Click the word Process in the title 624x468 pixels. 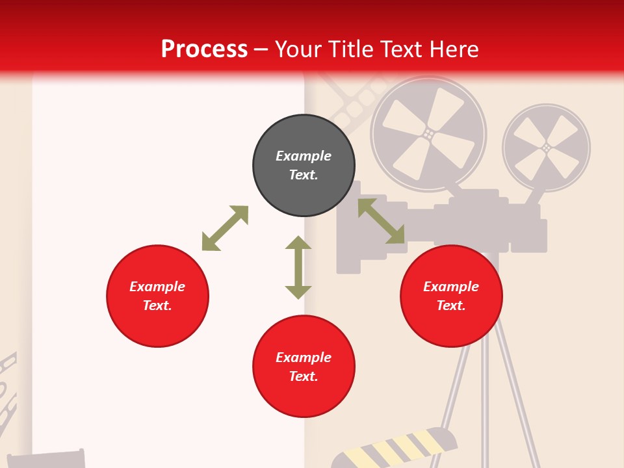204,49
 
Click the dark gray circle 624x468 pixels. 304,165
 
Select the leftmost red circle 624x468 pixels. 157,296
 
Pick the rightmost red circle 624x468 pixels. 451,296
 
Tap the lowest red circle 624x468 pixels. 304,366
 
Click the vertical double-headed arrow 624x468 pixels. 298,267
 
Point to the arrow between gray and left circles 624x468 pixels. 225,228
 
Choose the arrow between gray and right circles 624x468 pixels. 381,221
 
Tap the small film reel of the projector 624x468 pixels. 546,148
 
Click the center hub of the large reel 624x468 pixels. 428,133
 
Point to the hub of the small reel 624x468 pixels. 546,148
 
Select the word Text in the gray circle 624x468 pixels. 303,175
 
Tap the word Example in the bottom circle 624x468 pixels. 304,357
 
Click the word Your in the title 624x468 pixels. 297,49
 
